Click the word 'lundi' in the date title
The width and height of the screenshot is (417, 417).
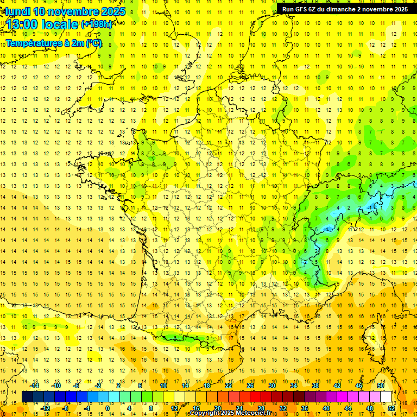(17, 11)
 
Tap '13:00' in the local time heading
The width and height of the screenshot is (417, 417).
(22, 24)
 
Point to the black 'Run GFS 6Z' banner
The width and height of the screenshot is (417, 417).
(345, 9)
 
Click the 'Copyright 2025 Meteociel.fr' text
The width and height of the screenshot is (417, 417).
(230, 413)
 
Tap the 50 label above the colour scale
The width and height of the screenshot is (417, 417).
(381, 386)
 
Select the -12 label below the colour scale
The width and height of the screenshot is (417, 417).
(46, 408)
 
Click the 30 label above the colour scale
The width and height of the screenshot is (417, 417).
(272, 386)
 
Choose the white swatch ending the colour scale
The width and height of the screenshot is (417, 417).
(386, 397)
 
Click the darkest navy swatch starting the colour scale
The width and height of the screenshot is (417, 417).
(27, 397)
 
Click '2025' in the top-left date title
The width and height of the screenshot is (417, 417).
(113, 11)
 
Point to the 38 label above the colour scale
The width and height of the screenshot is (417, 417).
(315, 386)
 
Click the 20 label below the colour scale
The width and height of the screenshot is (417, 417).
(218, 408)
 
